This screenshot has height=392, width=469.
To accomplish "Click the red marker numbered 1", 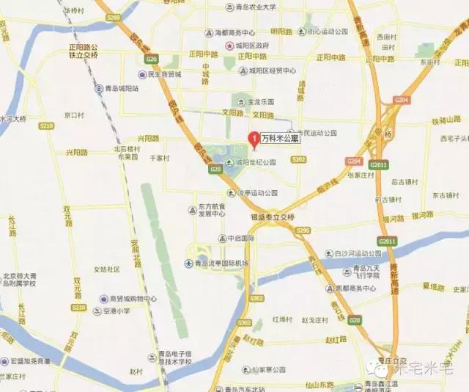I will pos(254,137).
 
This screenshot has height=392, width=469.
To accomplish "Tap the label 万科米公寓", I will pos(281,137).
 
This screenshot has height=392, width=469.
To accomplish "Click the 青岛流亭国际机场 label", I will pos(222,263).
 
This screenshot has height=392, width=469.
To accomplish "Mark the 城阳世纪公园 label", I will pos(255,162).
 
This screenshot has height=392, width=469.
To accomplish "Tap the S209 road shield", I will pos(112,16).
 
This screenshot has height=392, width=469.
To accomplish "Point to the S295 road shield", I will pos(303,231).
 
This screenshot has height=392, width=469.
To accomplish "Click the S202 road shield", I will pos(298,159).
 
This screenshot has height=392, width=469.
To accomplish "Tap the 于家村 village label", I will pos(159,157).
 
